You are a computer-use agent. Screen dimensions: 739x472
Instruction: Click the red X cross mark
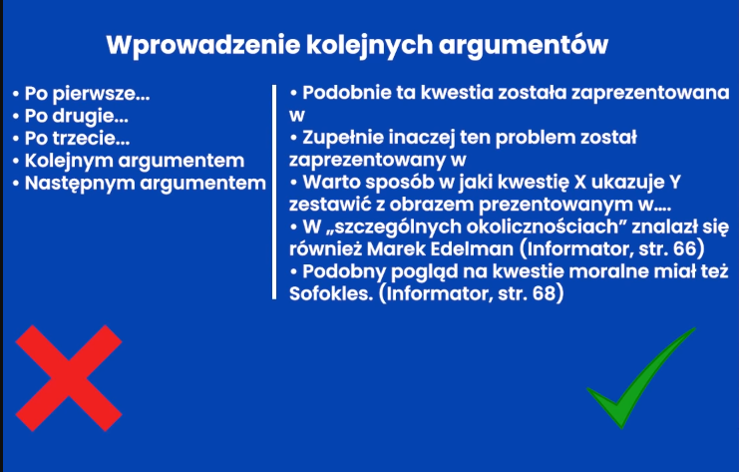[x=69, y=377]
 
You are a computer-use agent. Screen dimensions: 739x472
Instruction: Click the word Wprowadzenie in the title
[x=203, y=45]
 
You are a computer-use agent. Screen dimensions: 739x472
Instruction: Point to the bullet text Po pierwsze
[x=87, y=94]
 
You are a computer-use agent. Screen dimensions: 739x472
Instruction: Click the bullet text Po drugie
[x=77, y=116]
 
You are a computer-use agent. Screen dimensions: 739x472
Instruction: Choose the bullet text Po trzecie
[x=78, y=138]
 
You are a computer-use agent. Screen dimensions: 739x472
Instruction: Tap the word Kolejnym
[x=69, y=162]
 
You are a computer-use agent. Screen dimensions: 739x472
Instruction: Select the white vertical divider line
[x=274, y=192]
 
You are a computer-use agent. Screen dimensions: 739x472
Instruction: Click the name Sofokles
[x=331, y=293]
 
